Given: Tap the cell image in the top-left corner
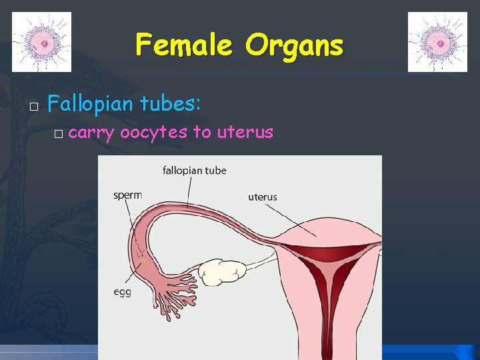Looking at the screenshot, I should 41,42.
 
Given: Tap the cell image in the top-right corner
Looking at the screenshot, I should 437,42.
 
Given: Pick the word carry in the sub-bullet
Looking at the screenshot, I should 91,133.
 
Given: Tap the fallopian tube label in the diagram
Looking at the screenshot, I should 195,171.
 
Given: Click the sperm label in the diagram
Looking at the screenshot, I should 127,195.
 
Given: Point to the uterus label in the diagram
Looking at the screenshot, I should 263,197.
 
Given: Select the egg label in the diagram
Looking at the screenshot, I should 121,291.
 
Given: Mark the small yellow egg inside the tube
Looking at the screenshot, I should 143,262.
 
